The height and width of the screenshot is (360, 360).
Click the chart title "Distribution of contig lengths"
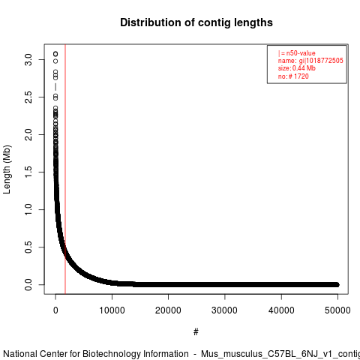[x=196, y=22]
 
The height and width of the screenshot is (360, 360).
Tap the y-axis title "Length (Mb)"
[x=7, y=169]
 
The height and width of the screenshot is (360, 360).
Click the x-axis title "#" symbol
[x=196, y=332]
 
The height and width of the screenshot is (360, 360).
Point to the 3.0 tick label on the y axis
[x=28, y=59]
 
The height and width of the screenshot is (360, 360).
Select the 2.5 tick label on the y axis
[x=28, y=97]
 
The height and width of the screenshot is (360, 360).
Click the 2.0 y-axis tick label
[x=28, y=134]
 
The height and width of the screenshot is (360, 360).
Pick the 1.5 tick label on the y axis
[x=28, y=172]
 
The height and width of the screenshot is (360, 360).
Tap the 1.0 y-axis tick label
[x=28, y=209]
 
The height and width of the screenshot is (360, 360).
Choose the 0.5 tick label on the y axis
[x=28, y=247]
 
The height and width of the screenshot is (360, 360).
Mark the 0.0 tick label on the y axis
[x=28, y=284]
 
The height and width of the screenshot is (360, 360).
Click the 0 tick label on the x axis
[x=55, y=310]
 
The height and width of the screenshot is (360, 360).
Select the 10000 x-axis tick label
[x=112, y=310]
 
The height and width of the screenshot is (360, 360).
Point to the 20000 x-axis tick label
[x=168, y=310]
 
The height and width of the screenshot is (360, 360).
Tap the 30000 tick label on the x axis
[x=224, y=310]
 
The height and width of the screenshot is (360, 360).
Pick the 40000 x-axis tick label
[x=281, y=310]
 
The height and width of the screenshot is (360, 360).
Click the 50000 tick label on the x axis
[x=337, y=310]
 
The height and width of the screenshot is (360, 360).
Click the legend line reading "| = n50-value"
[x=297, y=53]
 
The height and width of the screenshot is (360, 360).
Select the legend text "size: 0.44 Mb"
[x=297, y=68]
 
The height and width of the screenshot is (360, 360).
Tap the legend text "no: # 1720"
[x=293, y=76]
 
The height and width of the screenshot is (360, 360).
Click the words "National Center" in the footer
[x=35, y=354]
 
